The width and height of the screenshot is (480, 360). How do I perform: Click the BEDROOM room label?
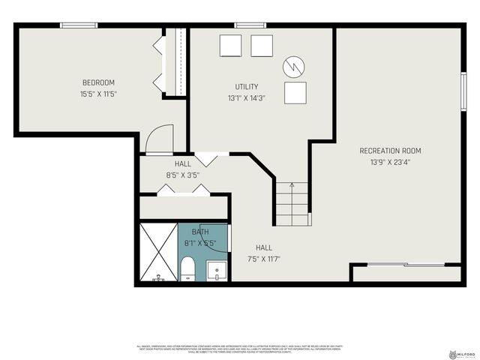[x=99, y=82]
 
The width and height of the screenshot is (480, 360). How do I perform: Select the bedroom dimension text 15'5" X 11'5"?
[x=99, y=94]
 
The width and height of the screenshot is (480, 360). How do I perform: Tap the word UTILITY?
[x=247, y=87]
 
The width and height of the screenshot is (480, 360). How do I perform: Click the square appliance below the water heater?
[x=296, y=92]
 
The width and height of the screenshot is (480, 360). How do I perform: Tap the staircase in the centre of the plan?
[x=292, y=202]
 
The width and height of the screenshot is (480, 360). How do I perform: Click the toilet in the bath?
[x=187, y=268]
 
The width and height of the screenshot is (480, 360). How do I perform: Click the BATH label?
[x=200, y=232]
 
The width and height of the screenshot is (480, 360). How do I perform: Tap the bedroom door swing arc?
[x=160, y=139]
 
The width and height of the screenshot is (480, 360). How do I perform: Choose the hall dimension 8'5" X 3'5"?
[x=183, y=175]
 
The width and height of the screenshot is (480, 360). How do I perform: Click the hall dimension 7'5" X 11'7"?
[x=264, y=259]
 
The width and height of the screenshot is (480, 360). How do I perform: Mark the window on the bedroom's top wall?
[x=79, y=25]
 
